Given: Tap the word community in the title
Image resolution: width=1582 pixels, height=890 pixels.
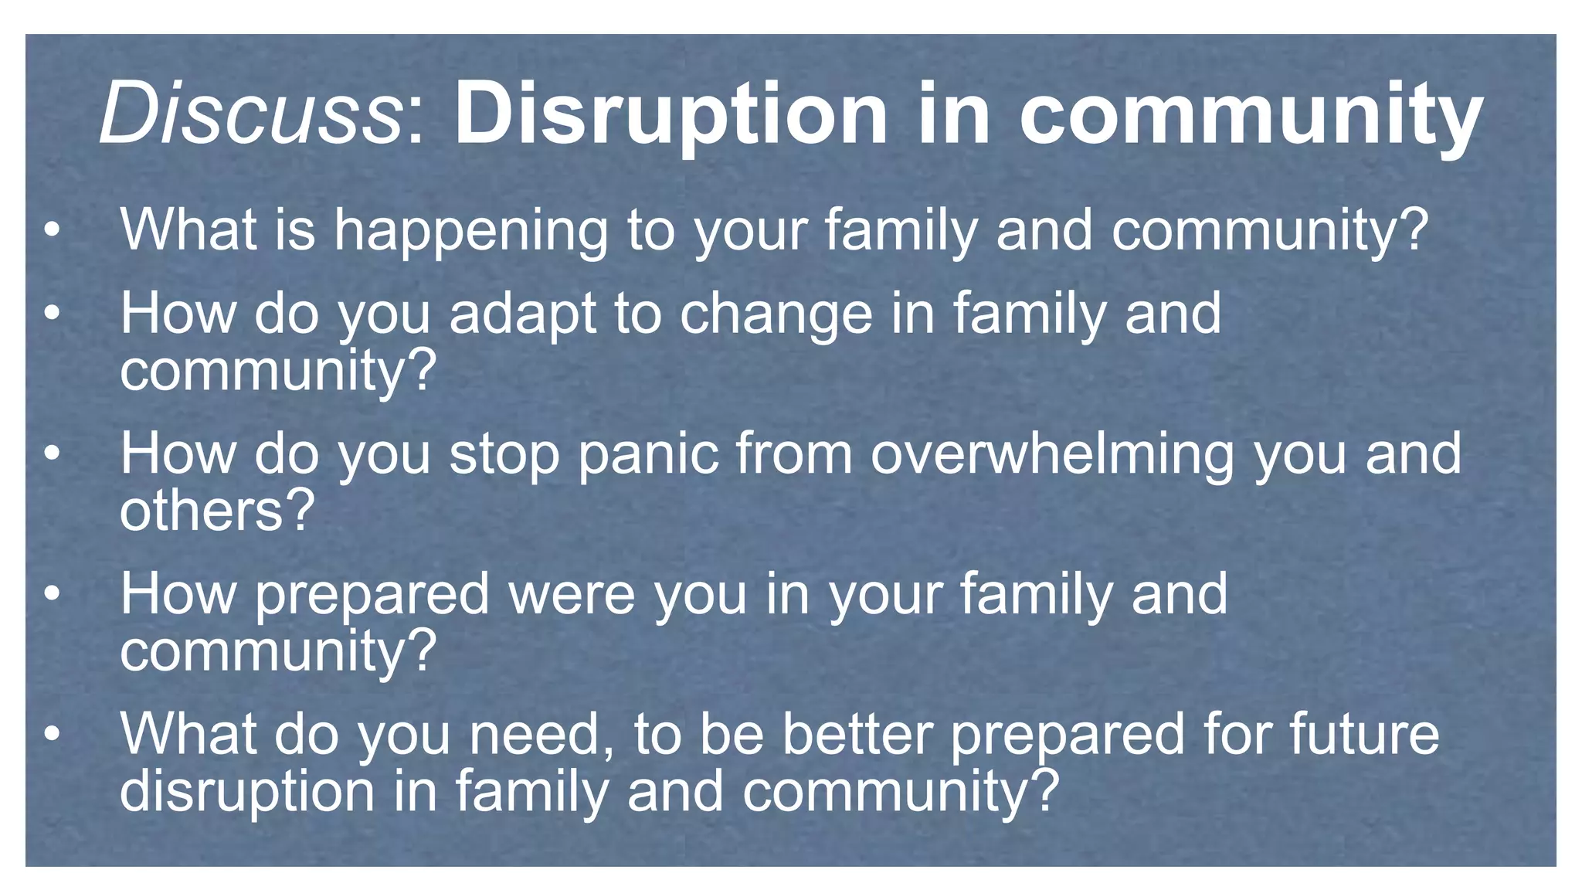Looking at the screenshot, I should [x=1251, y=116].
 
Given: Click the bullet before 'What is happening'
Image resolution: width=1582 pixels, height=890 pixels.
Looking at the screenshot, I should [x=51, y=230].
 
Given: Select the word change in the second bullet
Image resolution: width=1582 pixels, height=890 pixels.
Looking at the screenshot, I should [x=776, y=315].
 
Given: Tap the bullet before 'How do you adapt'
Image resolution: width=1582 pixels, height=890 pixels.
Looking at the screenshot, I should [x=51, y=313].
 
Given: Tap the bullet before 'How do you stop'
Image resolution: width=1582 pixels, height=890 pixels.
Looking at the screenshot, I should [x=51, y=453].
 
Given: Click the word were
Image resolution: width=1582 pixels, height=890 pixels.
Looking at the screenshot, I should [x=572, y=596].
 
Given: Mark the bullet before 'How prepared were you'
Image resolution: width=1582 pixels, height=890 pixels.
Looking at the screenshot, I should [x=51, y=593].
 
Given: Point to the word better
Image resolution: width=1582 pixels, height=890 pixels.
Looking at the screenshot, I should [x=857, y=734].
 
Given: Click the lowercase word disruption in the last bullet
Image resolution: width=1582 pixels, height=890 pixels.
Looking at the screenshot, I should [x=247, y=792].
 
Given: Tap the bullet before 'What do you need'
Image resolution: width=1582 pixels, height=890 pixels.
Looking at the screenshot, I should [x=51, y=733].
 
